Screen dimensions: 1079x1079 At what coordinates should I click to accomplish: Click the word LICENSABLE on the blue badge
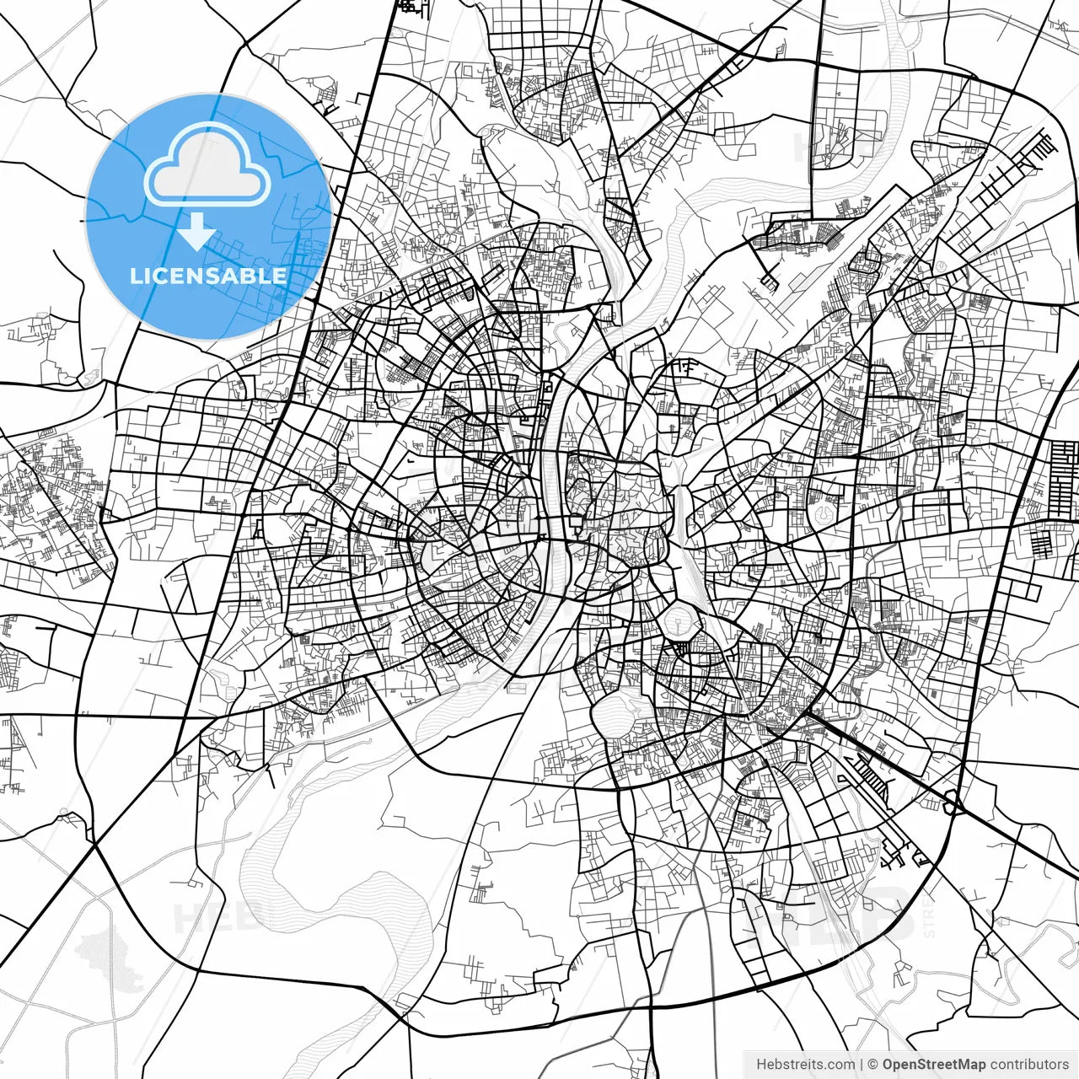[x=207, y=276]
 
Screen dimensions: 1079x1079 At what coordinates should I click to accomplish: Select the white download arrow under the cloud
[x=196, y=232]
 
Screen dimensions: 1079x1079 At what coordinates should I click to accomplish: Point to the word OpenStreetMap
[x=934, y=1064]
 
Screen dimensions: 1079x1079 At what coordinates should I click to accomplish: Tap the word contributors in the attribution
[x=1029, y=1064]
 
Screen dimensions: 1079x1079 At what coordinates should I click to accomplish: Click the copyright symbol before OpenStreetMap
[x=873, y=1064]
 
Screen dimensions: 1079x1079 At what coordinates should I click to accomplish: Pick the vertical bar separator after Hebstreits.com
[x=862, y=1064]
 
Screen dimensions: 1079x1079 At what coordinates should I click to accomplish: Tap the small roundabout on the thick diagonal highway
[x=953, y=805]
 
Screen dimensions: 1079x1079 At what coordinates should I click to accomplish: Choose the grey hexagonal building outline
[x=822, y=509]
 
